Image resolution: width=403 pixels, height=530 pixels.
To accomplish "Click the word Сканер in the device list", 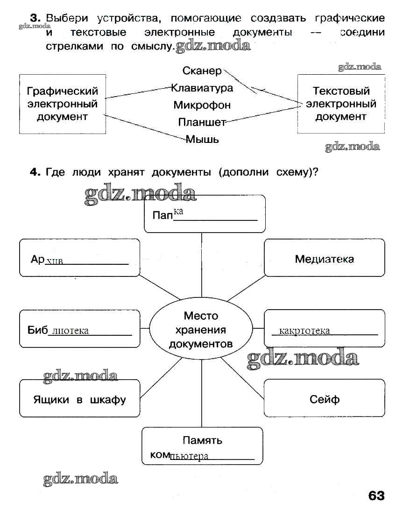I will pos(202,71).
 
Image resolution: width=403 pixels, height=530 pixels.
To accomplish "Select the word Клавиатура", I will pos(202,88).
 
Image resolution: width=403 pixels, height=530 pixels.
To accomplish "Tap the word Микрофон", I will pos(202,105).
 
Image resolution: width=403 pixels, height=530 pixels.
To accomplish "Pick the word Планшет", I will pos(202,122).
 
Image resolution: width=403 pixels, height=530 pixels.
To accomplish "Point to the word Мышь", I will pos(202,139).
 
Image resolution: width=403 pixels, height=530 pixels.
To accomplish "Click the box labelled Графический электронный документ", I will pos(62,104).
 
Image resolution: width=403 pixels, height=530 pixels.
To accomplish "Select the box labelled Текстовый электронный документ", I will pos(340,104).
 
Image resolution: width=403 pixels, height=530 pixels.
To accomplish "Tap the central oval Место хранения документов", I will pos(201,330).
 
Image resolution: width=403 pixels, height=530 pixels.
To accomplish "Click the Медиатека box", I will pos(324,258).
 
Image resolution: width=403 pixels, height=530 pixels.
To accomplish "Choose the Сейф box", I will pos(324,399).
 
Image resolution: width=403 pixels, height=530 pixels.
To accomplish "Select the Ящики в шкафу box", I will pos(79,400).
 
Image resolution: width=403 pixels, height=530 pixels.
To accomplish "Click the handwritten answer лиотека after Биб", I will pos(71,331).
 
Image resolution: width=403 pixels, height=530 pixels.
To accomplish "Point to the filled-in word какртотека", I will pos(304,331).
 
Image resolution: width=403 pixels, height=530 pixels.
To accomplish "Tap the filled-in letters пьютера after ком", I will pos(189,457).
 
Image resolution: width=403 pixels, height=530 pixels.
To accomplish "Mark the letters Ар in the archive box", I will pos(37,259).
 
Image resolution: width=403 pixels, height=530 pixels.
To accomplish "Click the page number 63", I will pos(376,495).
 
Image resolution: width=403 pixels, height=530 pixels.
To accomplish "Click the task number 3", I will pos(35,18).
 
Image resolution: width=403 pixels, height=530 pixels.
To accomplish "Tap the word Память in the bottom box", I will pos(202,440).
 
